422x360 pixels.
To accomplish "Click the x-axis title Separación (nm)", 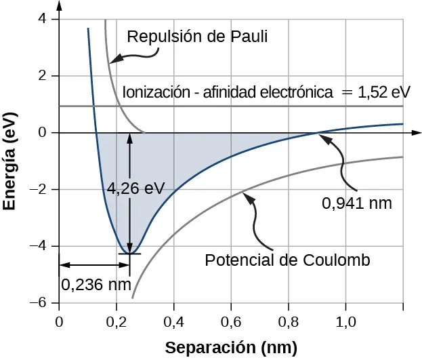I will coord(232,348).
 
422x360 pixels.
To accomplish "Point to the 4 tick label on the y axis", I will coord(43,19).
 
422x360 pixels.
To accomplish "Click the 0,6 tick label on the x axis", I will coord(232,320).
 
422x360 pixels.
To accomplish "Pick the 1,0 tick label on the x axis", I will coord(346,320).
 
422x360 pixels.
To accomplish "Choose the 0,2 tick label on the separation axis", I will coord(117,320).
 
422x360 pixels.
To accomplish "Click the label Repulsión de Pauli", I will coord(198,36).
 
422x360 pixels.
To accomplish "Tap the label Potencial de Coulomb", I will coord(287,260).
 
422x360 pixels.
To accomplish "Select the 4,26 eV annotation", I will coord(135,188).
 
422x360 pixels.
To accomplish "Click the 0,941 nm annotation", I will coord(357,203).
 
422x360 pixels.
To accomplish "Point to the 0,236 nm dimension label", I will coord(96,284).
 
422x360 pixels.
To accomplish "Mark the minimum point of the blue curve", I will coord(129,254).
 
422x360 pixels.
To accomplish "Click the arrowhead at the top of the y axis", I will coord(60,6).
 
